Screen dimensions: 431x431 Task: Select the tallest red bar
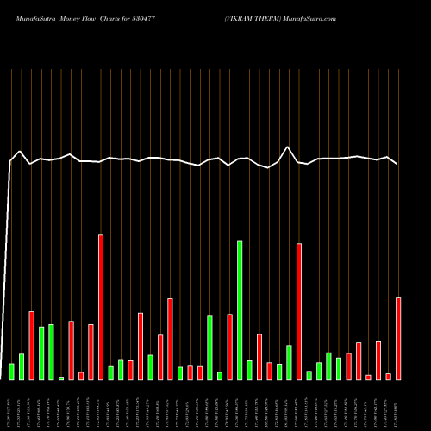tap(101, 307)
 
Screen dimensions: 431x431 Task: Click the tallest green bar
tap(240, 310)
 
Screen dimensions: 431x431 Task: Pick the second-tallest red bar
tap(299, 311)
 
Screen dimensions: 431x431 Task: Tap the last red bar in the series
tap(398, 338)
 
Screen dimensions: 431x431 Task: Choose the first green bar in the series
tap(11, 372)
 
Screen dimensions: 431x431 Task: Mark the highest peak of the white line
tap(289, 147)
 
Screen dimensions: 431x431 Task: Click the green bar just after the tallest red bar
tap(111, 372)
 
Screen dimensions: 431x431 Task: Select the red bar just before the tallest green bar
tap(229, 347)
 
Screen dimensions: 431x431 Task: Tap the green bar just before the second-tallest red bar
tap(289, 362)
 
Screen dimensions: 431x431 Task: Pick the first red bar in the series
tap(31, 345)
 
